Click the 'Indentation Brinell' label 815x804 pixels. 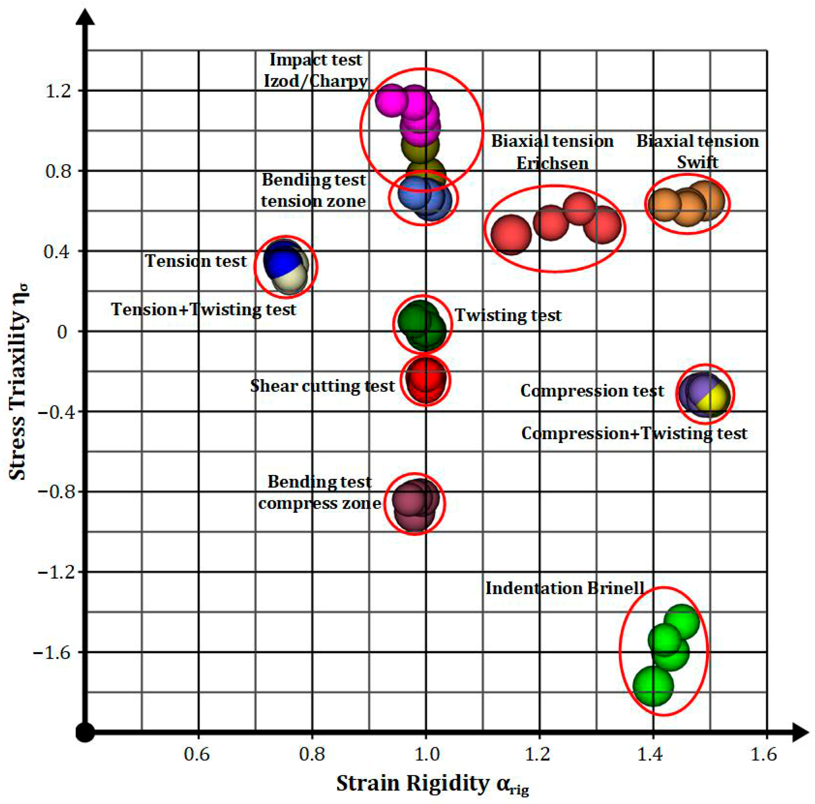(x=565, y=588)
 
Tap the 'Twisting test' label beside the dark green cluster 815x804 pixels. (x=508, y=315)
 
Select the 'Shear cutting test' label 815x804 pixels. (x=322, y=386)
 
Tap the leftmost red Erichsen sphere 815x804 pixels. (x=511, y=234)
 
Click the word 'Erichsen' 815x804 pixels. (x=552, y=163)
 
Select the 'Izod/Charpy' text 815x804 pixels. (x=316, y=81)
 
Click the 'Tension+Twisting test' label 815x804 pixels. (x=204, y=310)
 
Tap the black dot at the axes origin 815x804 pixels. (x=86, y=733)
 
